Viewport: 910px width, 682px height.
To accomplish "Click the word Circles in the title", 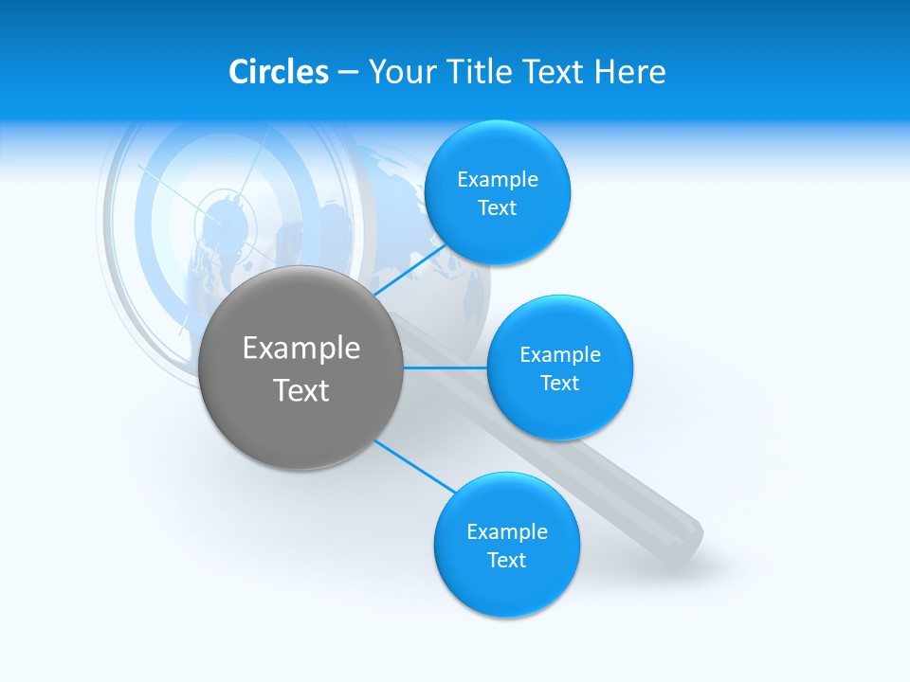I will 279,72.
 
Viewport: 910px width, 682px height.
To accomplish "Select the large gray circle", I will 301,368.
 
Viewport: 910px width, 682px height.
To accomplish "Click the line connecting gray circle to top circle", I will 409,269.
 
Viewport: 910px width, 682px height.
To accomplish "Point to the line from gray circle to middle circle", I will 446,368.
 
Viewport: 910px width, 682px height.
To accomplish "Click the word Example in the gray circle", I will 301,348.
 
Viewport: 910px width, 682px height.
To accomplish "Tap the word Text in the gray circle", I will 301,390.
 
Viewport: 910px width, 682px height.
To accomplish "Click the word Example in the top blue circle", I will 498,179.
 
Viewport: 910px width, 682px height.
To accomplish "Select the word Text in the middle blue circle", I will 559,383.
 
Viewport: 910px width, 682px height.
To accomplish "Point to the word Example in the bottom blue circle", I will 507,531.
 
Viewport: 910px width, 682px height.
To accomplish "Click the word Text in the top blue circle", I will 498,207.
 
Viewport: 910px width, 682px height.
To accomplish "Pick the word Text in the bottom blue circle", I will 507,560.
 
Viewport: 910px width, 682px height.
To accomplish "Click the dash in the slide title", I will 348,72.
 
